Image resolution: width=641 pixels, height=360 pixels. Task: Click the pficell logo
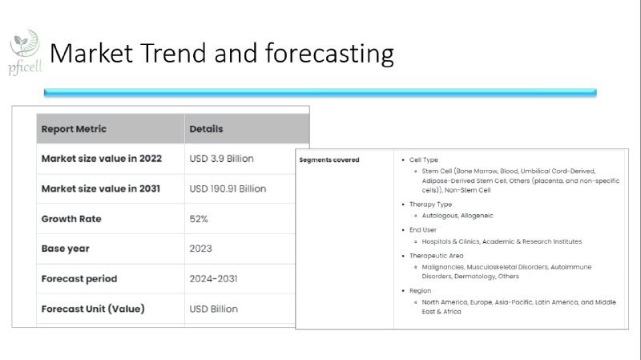point(25,52)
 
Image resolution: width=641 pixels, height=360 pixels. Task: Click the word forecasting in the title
point(329,54)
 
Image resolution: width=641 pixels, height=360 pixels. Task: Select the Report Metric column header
point(74,129)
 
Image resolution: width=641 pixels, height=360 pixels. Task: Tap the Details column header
point(206,129)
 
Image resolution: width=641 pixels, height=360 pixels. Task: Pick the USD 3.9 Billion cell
point(222,159)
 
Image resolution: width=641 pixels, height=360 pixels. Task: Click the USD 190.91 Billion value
point(228,189)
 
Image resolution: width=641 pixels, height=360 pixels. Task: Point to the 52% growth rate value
point(199,219)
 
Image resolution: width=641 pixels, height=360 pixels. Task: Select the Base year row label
point(66,249)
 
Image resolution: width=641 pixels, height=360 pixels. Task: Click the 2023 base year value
point(201,249)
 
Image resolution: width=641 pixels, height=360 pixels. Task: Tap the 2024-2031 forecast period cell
point(213,279)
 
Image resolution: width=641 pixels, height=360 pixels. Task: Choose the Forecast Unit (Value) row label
point(93,309)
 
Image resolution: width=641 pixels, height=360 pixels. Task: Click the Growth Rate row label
point(71,219)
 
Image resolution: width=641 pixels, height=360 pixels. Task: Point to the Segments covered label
point(329,160)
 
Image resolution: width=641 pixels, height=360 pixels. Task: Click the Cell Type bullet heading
point(424,160)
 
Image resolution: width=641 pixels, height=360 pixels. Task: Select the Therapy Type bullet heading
point(430,204)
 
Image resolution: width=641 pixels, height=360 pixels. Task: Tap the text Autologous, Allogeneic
point(458,216)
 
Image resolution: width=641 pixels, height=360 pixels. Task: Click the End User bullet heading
point(423,230)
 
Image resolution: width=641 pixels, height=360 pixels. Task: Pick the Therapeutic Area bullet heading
point(436,256)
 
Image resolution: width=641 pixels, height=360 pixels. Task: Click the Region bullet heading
point(420,291)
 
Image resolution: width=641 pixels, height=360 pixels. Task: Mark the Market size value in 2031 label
point(101,188)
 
